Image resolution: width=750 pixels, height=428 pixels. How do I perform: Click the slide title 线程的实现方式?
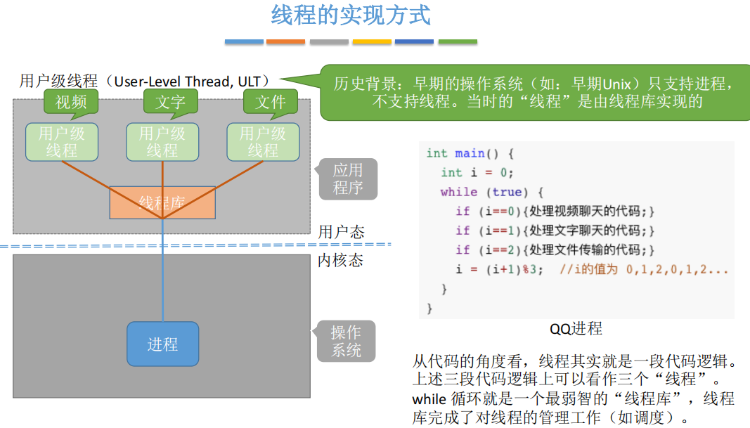[x=351, y=15]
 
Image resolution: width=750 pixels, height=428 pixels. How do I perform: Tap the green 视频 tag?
[x=70, y=102]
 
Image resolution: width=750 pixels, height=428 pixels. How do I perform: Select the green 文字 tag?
[x=170, y=102]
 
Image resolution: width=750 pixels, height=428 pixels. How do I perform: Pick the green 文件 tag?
[x=271, y=102]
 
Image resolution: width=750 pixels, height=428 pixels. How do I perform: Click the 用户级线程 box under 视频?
[x=62, y=141]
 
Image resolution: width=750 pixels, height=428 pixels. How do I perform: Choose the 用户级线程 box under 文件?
[x=263, y=141]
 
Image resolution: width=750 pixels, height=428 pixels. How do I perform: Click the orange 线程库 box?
[x=162, y=202]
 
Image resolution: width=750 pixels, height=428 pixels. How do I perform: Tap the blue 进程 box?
[x=162, y=344]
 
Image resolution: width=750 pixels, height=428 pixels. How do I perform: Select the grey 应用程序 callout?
[x=347, y=179]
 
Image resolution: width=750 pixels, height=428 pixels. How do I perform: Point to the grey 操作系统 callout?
[x=346, y=341]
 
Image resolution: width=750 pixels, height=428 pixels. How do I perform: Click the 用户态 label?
[x=342, y=232]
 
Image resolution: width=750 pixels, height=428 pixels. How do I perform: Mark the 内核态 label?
[x=340, y=260]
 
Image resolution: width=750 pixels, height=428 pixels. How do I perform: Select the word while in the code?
[x=458, y=192]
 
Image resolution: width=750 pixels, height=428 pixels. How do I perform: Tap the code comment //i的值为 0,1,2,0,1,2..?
[x=644, y=269]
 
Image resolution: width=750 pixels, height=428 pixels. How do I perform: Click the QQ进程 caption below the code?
[x=576, y=329]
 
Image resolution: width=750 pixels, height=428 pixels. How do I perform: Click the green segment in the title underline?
[x=458, y=42]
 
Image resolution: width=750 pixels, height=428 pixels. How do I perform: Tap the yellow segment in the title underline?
[x=372, y=42]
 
